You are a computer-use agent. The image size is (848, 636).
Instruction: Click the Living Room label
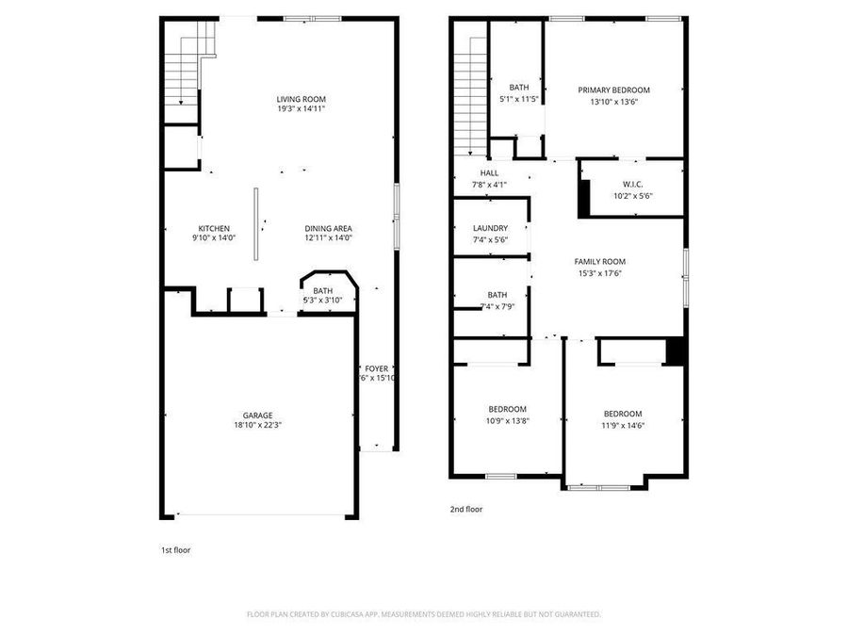click(301, 104)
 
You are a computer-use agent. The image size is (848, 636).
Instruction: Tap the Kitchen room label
click(214, 233)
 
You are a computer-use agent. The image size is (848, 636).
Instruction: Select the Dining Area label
click(328, 233)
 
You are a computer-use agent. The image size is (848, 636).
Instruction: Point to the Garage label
click(257, 419)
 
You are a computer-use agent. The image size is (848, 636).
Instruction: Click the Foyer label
click(376, 373)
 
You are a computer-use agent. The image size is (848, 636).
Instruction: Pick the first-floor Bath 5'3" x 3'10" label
click(323, 296)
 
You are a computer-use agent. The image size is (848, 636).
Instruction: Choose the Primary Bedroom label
click(613, 95)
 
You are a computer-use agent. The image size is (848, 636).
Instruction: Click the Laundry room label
click(490, 233)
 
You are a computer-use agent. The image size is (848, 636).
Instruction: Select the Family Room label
click(600, 267)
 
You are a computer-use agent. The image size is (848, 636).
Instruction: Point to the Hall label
click(489, 178)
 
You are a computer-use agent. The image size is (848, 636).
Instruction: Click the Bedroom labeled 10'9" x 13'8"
click(507, 414)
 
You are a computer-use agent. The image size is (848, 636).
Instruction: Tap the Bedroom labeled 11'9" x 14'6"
click(623, 418)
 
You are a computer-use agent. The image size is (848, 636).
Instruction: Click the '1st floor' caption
click(175, 549)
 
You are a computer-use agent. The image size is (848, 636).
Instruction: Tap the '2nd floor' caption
click(466, 509)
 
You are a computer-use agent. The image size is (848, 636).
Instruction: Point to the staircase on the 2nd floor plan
click(468, 94)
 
